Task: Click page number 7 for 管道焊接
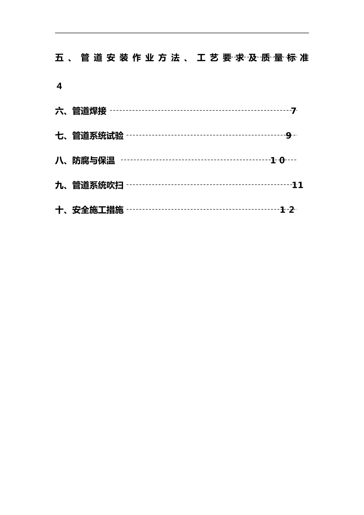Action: (x=293, y=111)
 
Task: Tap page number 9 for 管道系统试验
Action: (x=289, y=136)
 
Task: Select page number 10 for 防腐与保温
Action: (x=278, y=161)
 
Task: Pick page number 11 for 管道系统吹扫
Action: (x=298, y=185)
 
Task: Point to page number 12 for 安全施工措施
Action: (x=287, y=210)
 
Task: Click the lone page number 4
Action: (x=59, y=87)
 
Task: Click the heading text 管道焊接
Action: (x=89, y=112)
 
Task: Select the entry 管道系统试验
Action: (x=98, y=136)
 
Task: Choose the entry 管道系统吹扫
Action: (x=98, y=185)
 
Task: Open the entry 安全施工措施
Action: (x=98, y=210)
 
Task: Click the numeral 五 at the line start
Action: (x=59, y=58)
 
